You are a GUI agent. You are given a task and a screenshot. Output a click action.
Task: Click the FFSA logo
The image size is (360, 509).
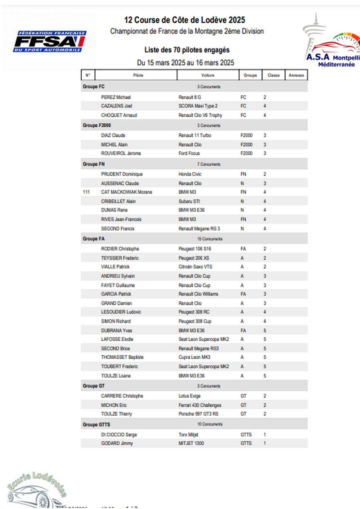pos(49,41)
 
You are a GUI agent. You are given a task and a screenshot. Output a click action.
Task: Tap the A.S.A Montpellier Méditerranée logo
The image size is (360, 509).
pos(332,43)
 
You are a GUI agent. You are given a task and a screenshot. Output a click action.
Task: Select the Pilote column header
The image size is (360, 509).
pos(138,75)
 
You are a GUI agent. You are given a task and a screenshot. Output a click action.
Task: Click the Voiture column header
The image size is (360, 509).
pos(208,75)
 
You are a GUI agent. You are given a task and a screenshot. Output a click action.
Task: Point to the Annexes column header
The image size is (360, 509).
pos(296,75)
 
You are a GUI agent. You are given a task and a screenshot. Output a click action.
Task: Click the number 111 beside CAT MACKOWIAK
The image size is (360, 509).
pos(86,192)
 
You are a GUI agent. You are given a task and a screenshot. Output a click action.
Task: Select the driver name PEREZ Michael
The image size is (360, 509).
pos(116,97)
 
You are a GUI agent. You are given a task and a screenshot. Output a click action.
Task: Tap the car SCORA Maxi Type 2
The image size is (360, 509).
pos(198,106)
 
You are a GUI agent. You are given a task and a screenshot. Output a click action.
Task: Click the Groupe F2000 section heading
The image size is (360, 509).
pos(97,125)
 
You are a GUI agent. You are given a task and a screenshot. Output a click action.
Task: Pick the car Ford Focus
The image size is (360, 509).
pos(189,153)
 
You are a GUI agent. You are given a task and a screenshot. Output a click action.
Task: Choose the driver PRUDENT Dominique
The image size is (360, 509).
pos(122,174)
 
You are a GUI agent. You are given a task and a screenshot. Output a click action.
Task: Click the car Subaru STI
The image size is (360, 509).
pos(189,201)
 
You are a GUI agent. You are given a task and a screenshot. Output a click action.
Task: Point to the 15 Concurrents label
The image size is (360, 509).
pos(210,239)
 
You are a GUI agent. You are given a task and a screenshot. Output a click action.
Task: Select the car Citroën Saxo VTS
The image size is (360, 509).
pos(195,267)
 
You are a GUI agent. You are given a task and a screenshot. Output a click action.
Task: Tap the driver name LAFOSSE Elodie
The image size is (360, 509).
pos(117,339)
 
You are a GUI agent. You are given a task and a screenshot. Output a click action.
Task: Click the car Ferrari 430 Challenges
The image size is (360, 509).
pos(200,405)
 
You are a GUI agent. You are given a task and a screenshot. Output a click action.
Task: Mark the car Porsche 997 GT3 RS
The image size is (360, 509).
pos(198,414)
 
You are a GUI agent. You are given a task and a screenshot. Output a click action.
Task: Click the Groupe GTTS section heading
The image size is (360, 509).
pos(96,424)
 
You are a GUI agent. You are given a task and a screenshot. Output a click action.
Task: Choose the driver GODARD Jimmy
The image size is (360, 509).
pos(117,443)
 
